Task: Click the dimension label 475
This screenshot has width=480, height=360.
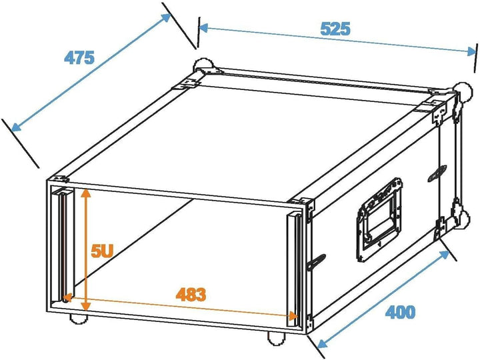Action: [79, 57]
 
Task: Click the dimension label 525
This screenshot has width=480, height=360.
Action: [335, 29]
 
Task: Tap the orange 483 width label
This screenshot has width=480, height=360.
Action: [191, 293]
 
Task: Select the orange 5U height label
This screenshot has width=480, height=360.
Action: [102, 251]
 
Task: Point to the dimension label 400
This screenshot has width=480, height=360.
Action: [400, 311]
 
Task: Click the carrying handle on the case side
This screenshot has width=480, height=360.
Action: [379, 219]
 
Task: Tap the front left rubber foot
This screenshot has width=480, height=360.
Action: [80, 318]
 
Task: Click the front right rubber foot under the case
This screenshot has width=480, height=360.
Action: [275, 338]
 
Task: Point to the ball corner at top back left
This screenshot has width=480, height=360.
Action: [201, 67]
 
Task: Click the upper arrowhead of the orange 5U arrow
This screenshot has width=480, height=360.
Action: [85, 193]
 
